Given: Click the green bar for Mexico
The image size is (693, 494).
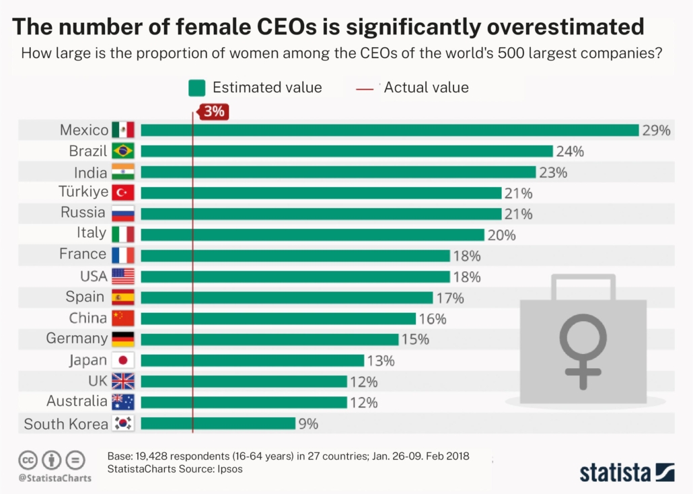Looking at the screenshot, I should pos(389,130).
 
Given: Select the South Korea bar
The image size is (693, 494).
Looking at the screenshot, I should pos(218,423).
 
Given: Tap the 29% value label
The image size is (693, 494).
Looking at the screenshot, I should pos(656,131).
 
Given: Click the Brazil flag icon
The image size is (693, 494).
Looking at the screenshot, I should pos(123,151).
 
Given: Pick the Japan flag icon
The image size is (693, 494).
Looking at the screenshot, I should pos(123,360).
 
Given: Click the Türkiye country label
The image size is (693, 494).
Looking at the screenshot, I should pos(83,192).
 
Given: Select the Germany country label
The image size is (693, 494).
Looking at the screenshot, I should pos(77,339).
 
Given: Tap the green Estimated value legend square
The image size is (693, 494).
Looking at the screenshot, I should pos(196,87).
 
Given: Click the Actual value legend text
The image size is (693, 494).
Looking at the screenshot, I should pos(426,87).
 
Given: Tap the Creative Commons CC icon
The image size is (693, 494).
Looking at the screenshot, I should pos(28,460).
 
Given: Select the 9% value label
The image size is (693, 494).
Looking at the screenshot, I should pos(308,424).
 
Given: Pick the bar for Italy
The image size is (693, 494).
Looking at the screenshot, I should pos(312,234).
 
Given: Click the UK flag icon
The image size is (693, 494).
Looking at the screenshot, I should pos(123,381).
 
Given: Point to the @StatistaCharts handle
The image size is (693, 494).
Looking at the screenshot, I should pos(54,478).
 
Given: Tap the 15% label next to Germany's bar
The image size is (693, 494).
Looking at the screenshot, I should pos(415,339).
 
